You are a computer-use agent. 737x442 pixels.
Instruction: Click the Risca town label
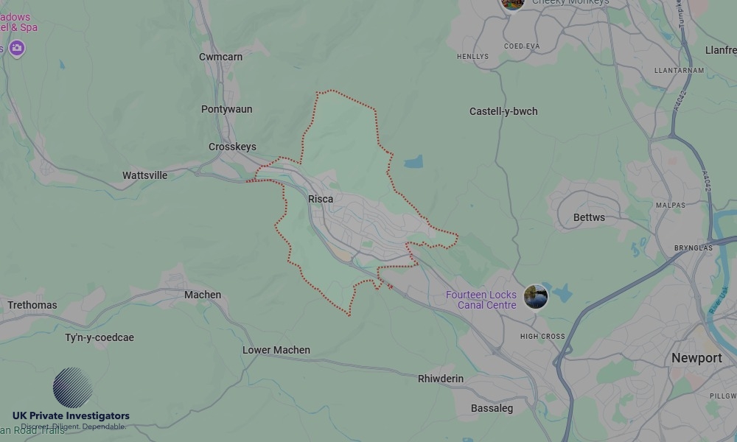pyautogui.click(x=321, y=199)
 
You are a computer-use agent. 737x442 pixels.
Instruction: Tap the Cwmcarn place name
pyautogui.click(x=220, y=57)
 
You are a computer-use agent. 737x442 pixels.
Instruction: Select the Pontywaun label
pyautogui.click(x=226, y=109)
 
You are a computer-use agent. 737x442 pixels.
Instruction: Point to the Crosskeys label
pyautogui.click(x=232, y=147)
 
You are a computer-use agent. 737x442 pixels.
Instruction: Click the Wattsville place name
pyautogui.click(x=144, y=175)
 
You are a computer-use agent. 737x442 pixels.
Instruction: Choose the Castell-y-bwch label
pyautogui.click(x=503, y=111)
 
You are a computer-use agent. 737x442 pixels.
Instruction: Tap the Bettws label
pyautogui.click(x=589, y=217)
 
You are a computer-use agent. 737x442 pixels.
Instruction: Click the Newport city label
pyautogui.click(x=696, y=358)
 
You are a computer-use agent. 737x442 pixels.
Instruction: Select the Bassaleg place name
pyautogui.click(x=492, y=408)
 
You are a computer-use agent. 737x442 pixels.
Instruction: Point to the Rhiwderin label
pyautogui.click(x=441, y=379)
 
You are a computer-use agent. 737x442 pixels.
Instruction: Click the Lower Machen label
pyautogui.click(x=276, y=350)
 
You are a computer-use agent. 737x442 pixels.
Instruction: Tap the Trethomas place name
pyautogui.click(x=32, y=305)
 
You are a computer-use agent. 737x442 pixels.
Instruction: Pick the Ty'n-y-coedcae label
pyautogui.click(x=99, y=337)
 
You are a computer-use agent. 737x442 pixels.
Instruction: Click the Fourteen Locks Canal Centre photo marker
pyautogui.click(x=536, y=297)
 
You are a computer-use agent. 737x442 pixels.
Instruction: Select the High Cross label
pyautogui.click(x=542, y=337)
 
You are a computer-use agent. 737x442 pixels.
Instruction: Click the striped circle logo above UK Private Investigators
pyautogui.click(x=72, y=387)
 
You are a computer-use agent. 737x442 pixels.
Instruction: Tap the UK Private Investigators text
pyautogui.click(x=71, y=416)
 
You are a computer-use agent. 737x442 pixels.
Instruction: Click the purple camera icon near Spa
pyautogui.click(x=17, y=49)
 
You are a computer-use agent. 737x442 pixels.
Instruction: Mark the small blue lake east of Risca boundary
pyautogui.click(x=413, y=161)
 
